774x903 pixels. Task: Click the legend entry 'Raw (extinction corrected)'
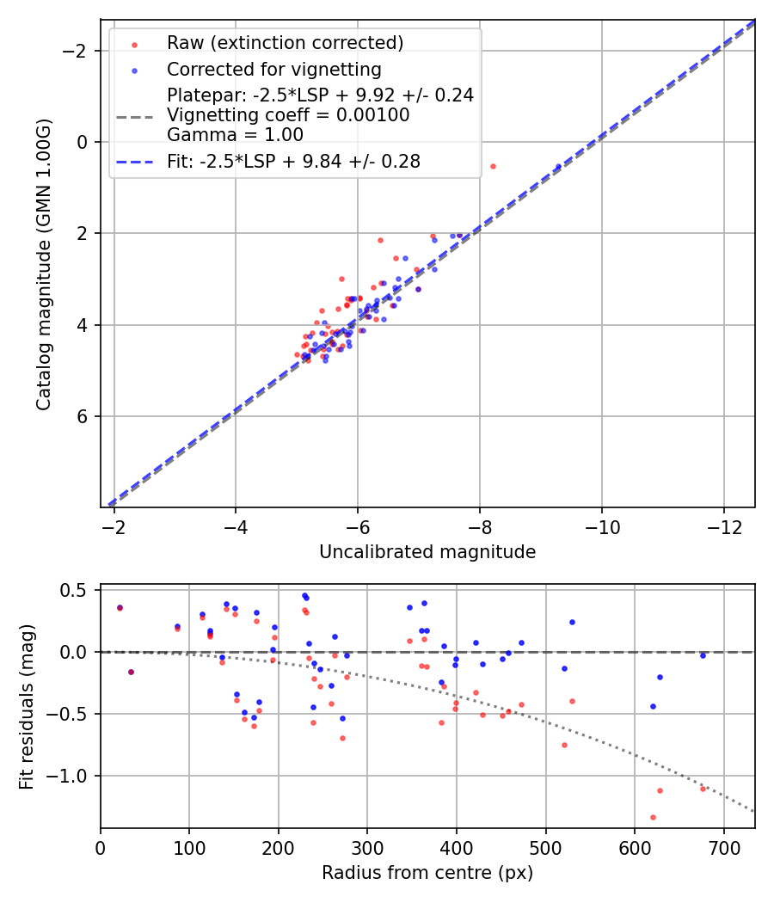pyautogui.click(x=285, y=43)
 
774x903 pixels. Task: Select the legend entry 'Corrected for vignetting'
pyautogui.click(x=273, y=69)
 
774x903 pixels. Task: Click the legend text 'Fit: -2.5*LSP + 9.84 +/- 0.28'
pyautogui.click(x=293, y=162)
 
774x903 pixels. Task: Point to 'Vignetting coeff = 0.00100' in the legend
pyautogui.click(x=288, y=115)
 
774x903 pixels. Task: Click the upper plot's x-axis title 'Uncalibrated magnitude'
pyautogui.click(x=427, y=552)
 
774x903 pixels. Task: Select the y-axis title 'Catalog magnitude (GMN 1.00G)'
pyautogui.click(x=44, y=264)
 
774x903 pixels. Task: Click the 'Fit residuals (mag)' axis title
pyautogui.click(x=27, y=706)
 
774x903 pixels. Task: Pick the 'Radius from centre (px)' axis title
pyautogui.click(x=427, y=873)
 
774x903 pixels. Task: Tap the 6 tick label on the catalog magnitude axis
pyautogui.click(x=83, y=416)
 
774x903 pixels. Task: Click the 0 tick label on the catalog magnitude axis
pyautogui.click(x=83, y=142)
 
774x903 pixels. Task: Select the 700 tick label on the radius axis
pyautogui.click(x=723, y=848)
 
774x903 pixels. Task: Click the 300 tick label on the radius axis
pyautogui.click(x=367, y=848)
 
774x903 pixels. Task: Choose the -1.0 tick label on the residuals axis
pyautogui.click(x=72, y=776)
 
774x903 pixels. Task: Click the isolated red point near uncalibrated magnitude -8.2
pyautogui.click(x=493, y=166)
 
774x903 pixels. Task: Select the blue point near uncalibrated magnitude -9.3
pyautogui.click(x=558, y=167)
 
